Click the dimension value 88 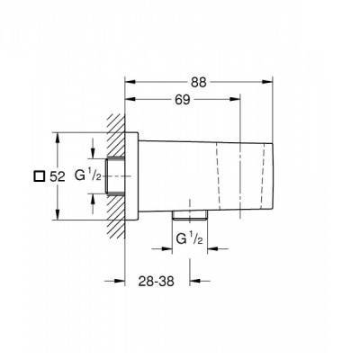pyautogui.click(x=199, y=82)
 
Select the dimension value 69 pyautogui.click(x=183, y=100)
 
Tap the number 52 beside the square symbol pyautogui.click(x=58, y=176)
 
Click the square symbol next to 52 pyautogui.click(x=39, y=176)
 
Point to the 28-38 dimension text pyautogui.click(x=157, y=281)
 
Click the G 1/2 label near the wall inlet pyautogui.click(x=88, y=175)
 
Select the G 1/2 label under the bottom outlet pyautogui.click(x=190, y=239)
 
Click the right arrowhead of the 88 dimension pyautogui.click(x=267, y=82)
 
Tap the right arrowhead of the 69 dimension pyautogui.click(x=235, y=99)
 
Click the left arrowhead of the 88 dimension pyautogui.click(x=130, y=82)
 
